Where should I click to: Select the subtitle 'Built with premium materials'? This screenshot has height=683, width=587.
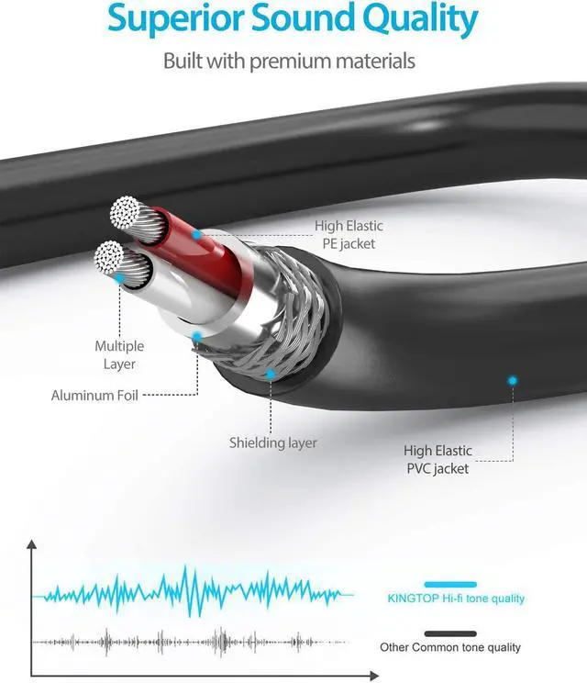coord(289,62)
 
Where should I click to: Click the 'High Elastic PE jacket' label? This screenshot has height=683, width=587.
coord(349,234)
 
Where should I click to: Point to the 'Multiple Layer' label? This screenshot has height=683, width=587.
coord(119,354)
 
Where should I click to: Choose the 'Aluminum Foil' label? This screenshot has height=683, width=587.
coord(94,396)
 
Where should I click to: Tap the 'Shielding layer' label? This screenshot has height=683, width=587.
coord(273,442)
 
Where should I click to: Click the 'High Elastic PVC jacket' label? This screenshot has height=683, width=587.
coord(437,459)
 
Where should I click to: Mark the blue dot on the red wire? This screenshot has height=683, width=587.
coord(196,235)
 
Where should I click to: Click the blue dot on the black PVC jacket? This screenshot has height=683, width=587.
coord(513,379)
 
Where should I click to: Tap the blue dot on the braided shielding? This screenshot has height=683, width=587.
coord(270,374)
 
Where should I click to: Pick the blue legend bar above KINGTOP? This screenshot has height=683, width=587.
coord(450,584)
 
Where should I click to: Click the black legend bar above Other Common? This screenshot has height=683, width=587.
coord(450,633)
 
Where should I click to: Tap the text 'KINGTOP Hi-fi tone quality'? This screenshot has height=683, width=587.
coord(456,599)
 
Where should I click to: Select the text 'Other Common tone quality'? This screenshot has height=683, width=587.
coord(450,648)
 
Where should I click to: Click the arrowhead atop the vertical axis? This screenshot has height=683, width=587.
coord(33,544)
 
